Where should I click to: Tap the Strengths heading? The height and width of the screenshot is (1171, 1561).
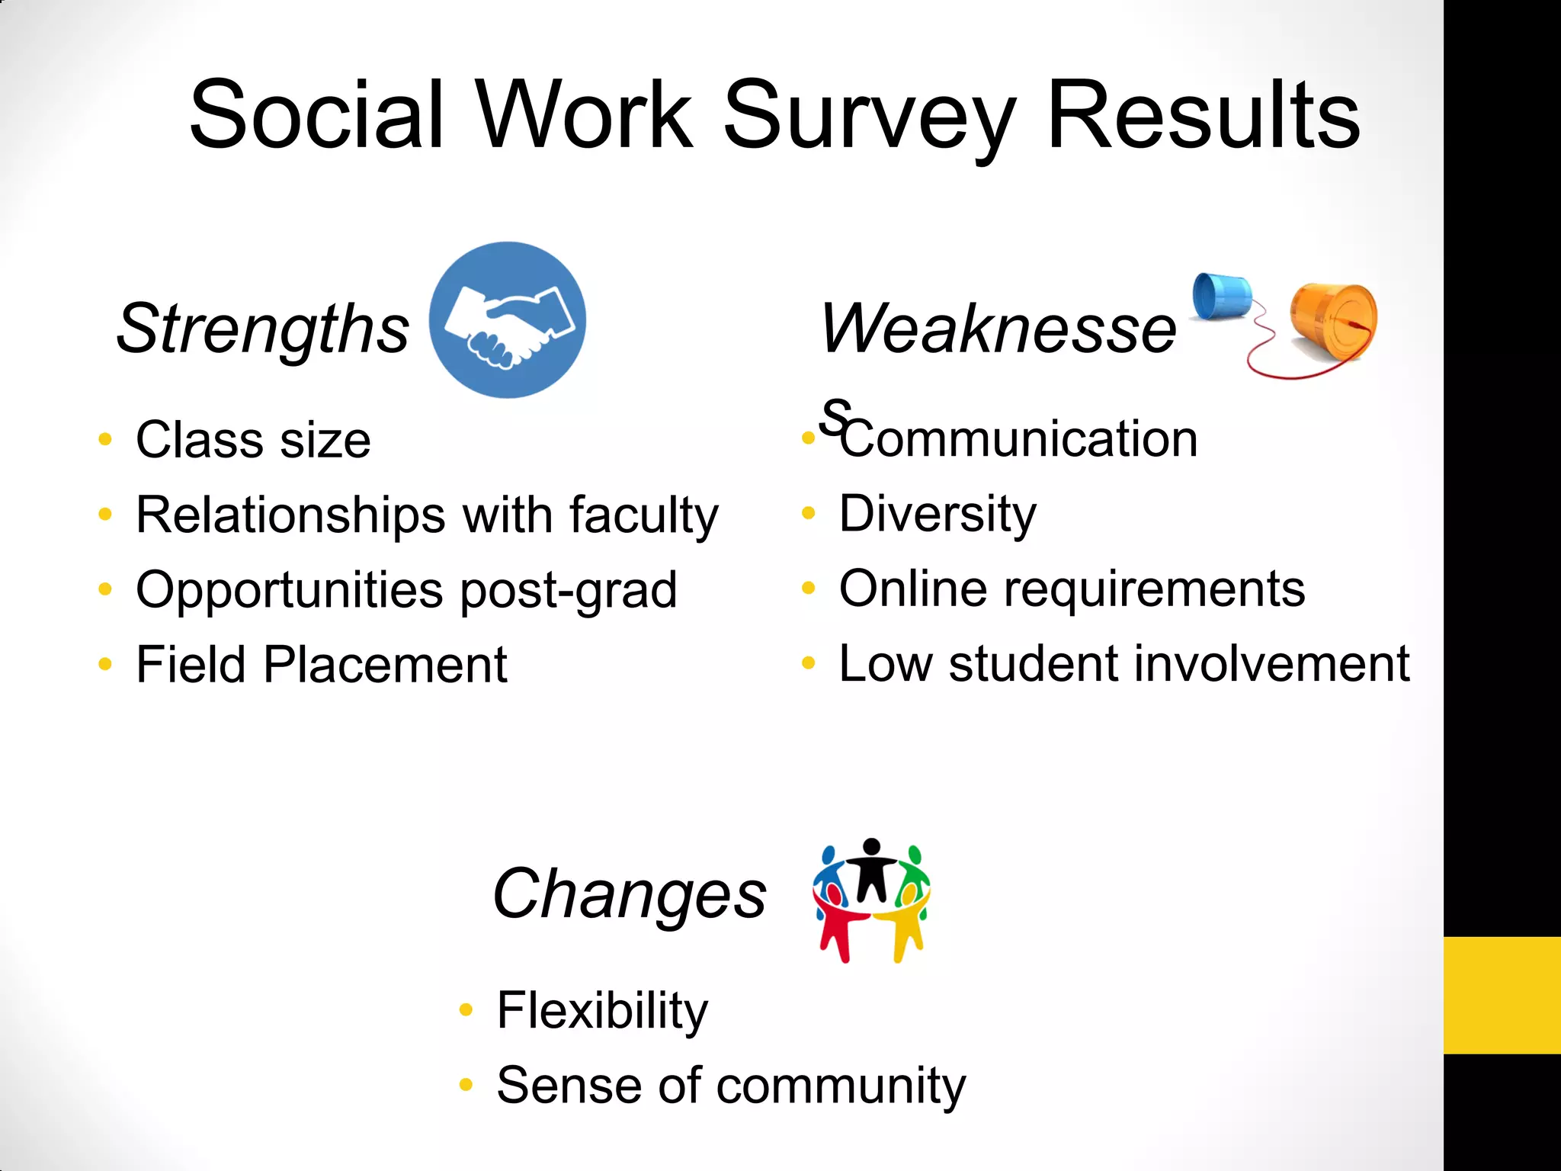263,329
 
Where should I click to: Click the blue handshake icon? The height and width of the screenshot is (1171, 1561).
508,320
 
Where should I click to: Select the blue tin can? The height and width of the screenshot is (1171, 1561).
1221,296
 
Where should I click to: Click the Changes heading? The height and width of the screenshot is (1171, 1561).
630,893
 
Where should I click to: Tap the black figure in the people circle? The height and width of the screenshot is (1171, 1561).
872,869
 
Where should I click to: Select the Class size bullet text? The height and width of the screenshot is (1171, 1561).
253,441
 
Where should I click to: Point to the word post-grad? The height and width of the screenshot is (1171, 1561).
569,590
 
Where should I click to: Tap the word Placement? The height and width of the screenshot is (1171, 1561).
385,665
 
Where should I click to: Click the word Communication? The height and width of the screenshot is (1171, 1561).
1018,440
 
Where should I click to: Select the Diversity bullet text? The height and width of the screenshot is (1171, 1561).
938,514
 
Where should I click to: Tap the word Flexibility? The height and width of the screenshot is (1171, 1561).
602,1011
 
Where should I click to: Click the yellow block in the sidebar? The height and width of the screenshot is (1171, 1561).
1502,995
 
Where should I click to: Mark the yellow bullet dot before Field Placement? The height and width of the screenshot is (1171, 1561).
105,664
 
